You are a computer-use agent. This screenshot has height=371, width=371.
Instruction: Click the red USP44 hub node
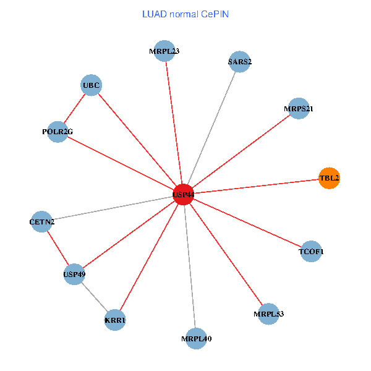(183, 194)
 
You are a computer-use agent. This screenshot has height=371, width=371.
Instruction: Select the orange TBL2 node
(328, 178)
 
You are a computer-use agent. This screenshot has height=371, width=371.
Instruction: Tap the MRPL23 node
(164, 51)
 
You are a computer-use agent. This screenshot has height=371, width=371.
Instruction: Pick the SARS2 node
(239, 62)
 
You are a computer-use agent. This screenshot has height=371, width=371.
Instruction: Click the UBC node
(91, 85)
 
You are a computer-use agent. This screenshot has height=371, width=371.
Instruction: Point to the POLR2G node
(58, 132)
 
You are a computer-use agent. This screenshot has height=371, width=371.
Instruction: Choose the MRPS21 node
(299, 109)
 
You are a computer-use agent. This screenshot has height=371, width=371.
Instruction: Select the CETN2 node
(41, 221)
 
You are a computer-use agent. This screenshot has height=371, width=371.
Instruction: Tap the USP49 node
(74, 274)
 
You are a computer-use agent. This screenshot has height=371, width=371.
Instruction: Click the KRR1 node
(115, 320)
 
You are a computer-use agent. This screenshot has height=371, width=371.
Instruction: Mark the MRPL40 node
(196, 338)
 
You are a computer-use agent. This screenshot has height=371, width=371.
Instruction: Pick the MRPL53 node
(268, 314)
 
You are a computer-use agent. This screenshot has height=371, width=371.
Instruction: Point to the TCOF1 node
(310, 252)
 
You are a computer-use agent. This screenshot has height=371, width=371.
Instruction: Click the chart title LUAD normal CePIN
(185, 14)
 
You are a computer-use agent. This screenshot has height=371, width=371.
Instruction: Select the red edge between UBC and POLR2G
(74, 109)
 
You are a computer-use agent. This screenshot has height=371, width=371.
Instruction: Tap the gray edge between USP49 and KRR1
(95, 297)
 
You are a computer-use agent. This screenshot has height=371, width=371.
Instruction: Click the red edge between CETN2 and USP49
(58, 247)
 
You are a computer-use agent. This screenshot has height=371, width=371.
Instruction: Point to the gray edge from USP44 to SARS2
(211, 128)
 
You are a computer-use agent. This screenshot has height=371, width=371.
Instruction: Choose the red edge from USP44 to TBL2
(256, 186)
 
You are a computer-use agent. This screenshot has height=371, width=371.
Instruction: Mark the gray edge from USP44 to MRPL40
(190, 267)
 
